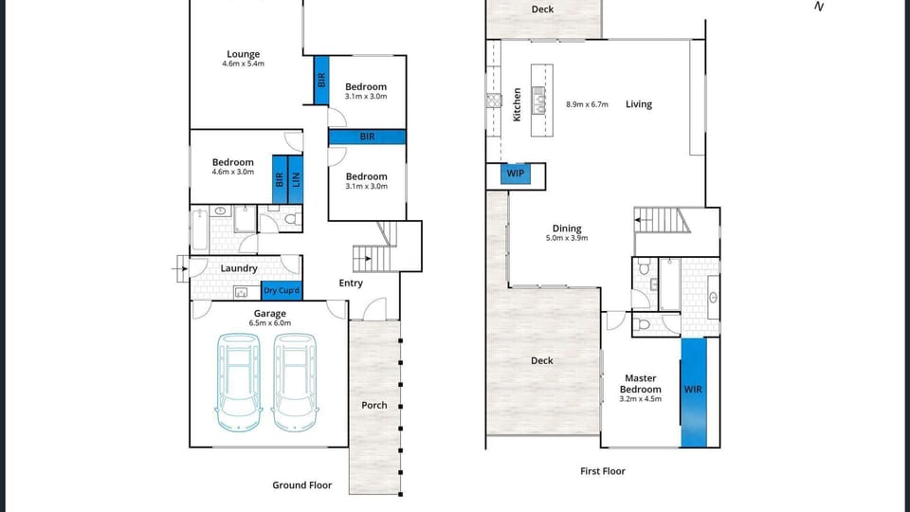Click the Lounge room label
coord(243,54)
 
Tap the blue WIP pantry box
coord(516,174)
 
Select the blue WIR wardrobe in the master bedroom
coord(694,390)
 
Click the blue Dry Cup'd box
coord(282,291)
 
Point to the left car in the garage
coord(238,381)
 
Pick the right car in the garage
coord(294,381)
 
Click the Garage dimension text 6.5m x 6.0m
coord(270,323)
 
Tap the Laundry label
coord(239,268)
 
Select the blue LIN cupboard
coord(296,177)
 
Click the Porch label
coord(374,405)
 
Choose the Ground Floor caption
coord(302,485)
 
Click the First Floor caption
coord(603,471)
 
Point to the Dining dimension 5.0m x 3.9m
coord(567,238)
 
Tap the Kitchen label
coord(517,104)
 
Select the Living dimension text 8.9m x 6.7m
coord(587,104)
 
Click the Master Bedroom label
coord(640,384)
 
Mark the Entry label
coord(351,283)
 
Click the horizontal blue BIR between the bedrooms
coord(368,137)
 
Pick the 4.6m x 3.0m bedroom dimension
coord(232,172)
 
